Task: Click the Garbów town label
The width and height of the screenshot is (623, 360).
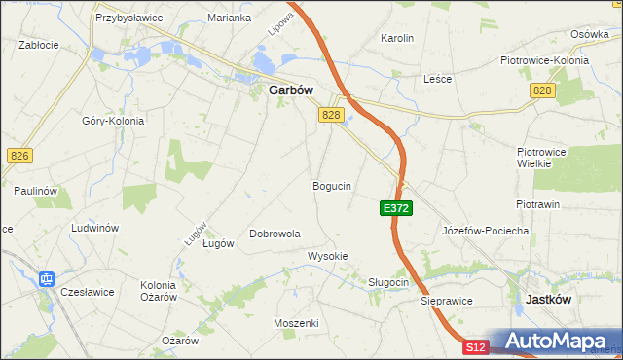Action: click(x=290, y=90)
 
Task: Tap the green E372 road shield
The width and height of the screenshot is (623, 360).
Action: click(x=396, y=208)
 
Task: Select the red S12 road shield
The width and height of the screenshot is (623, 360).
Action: click(x=474, y=347)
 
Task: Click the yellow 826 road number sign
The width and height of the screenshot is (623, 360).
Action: click(x=18, y=155)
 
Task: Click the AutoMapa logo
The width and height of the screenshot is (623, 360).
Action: click(x=556, y=342)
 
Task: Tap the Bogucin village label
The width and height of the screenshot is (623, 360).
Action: click(x=332, y=185)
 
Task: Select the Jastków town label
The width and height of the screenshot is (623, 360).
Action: click(x=548, y=300)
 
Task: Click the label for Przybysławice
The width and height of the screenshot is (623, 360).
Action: click(x=128, y=18)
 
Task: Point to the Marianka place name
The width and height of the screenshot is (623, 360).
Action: click(x=230, y=18)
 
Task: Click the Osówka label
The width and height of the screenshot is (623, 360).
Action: click(x=589, y=33)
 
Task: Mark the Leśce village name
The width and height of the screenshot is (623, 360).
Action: click(x=438, y=79)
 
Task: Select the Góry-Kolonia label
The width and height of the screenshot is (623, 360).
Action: click(x=113, y=121)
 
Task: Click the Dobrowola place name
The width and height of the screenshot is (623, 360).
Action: click(x=275, y=234)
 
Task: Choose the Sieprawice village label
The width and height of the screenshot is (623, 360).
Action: click(x=447, y=301)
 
